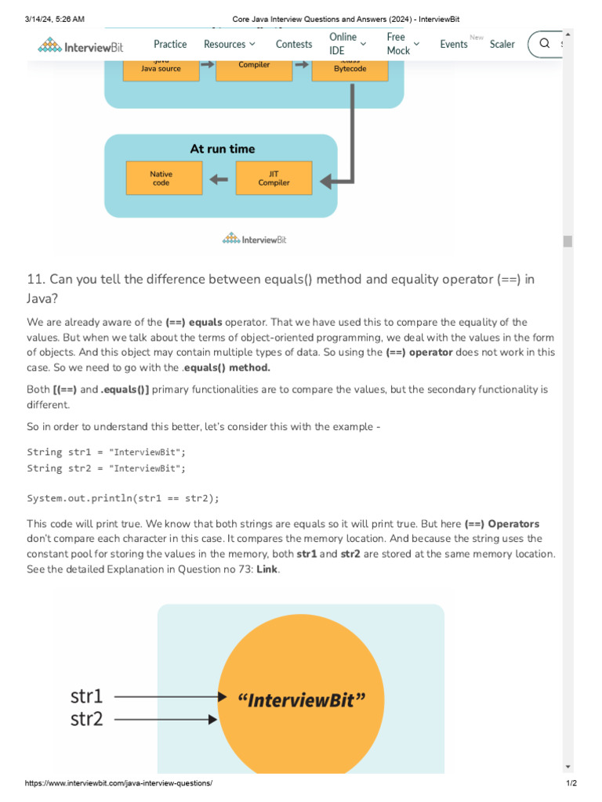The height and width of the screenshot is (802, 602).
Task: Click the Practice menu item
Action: click(170, 45)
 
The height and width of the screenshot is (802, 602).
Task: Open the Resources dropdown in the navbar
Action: click(229, 45)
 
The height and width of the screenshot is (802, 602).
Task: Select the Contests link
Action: click(294, 45)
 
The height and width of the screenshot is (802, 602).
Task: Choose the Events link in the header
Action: click(454, 45)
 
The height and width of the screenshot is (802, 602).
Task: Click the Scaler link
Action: click(502, 45)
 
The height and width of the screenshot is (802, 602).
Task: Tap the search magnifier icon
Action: click(545, 44)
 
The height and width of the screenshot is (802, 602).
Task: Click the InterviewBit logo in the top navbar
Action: click(81, 46)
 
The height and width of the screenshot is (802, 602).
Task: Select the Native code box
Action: click(164, 179)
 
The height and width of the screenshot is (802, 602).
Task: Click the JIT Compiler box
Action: click(274, 179)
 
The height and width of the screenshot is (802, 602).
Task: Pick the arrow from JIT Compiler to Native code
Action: click(219, 179)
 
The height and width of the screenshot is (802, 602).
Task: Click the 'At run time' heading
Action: click(223, 149)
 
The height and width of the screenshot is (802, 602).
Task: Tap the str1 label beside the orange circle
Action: click(86, 695)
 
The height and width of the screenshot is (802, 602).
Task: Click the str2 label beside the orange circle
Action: click(86, 718)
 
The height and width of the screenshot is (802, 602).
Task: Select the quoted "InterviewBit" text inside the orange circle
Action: click(301, 700)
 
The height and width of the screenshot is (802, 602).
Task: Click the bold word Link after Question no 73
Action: click(267, 569)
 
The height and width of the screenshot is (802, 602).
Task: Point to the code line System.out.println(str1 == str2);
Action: click(123, 498)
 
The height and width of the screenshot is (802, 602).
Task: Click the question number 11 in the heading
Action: click(35, 280)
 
